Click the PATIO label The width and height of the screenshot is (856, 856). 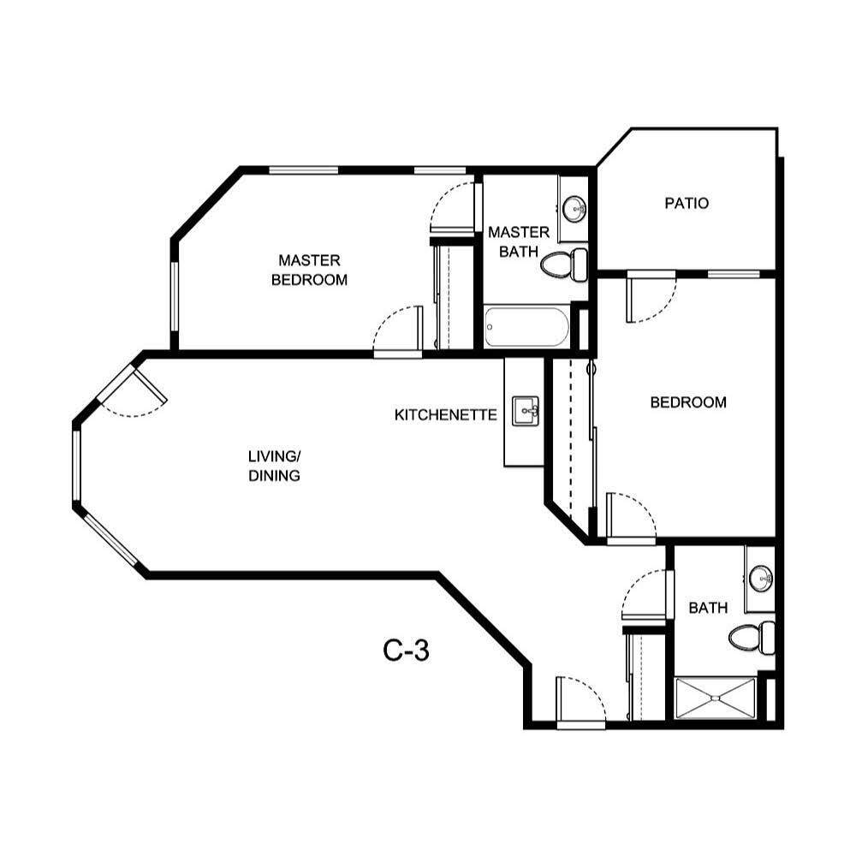687,204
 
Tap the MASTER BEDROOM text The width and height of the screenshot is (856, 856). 309,270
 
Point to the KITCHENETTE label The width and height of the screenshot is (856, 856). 445,415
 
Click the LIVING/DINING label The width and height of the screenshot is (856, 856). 274,466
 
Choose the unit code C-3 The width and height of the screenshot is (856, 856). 406,651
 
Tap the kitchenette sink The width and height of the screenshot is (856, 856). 526,412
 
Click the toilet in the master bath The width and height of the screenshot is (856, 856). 565,263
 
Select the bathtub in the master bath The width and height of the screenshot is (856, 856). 526,327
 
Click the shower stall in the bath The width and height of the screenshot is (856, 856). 716,698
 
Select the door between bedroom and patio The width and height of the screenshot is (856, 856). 651,297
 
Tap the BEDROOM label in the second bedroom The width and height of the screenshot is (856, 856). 688,402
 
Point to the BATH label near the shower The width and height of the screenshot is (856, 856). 708,608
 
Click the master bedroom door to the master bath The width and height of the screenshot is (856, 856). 453,205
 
